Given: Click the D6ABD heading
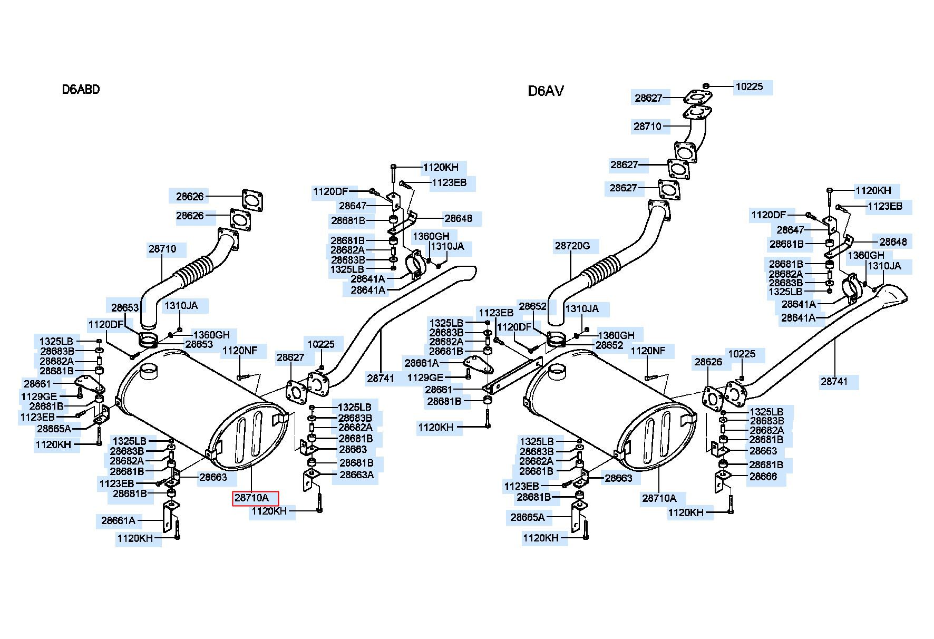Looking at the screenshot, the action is click(81, 89).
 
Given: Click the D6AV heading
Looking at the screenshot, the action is click(546, 91).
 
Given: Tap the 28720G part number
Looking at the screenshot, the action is click(572, 246).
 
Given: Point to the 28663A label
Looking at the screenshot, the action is click(356, 475).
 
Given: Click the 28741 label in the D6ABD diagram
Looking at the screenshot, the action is click(381, 378).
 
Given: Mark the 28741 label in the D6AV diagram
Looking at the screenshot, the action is click(834, 381).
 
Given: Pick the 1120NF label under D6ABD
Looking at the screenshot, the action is click(240, 350).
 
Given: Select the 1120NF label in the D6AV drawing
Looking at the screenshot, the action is click(648, 351).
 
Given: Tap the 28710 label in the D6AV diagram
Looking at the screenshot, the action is click(647, 127).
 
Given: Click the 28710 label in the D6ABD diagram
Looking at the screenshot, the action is click(162, 249).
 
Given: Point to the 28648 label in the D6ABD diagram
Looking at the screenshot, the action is click(458, 218).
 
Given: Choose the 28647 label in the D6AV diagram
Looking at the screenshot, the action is click(790, 230).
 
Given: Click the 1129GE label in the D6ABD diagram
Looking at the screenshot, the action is click(39, 396).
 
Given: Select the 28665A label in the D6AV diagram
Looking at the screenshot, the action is click(528, 517).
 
